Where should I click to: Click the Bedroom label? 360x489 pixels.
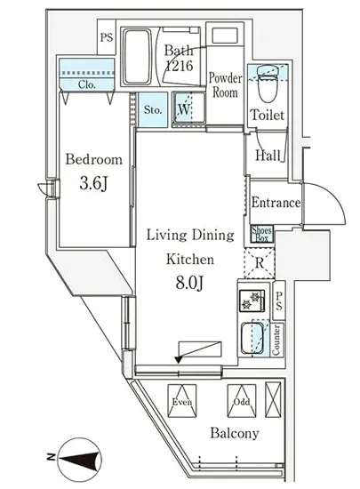coord(93,160)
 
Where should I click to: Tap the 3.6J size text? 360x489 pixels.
coord(93,183)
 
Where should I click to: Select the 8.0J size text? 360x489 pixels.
coord(190,283)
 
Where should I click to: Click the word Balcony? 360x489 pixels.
coord(235,433)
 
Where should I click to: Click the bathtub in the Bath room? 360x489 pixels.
coord(136,57)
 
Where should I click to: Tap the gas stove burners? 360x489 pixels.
coord(252,301)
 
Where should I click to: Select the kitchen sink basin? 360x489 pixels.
coord(252,339)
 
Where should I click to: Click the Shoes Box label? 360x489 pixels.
coord(262,234)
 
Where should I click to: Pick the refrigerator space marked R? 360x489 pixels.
coord(260,263)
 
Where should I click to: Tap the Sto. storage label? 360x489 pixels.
coord(153,109)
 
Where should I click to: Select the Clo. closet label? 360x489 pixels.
coord(87,84)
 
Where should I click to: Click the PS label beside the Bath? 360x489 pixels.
coord(107,37)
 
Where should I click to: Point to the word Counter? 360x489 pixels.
coord(276,340)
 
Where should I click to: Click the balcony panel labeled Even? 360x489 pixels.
coord(182,400)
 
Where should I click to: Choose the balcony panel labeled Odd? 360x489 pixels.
coord(242,400)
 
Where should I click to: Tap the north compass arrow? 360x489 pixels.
coord(80,459)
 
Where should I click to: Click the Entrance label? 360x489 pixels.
coord(276,203)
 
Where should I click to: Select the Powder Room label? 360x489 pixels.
coord(225,85)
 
